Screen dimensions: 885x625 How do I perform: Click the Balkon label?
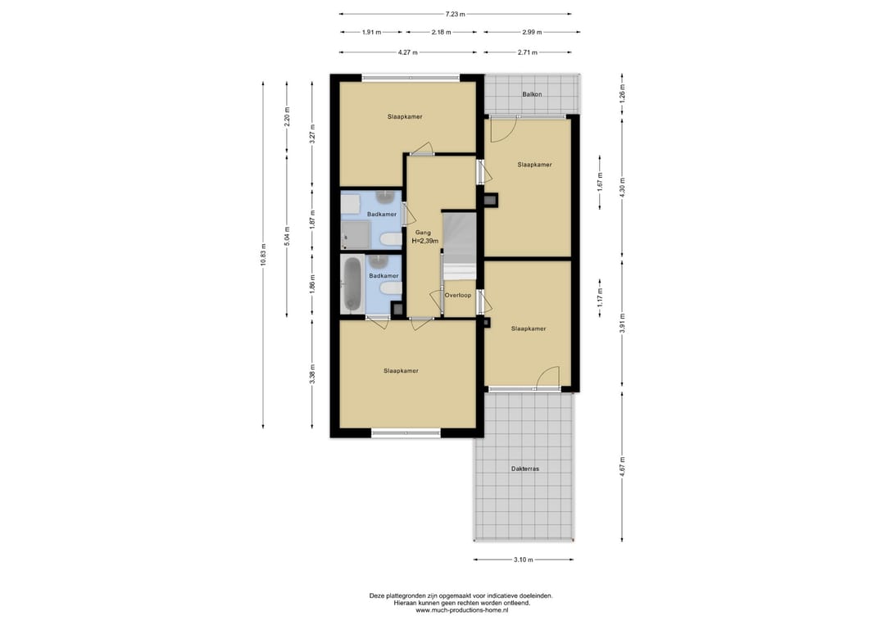(x=532, y=94)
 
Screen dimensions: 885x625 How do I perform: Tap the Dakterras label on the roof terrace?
(x=525, y=469)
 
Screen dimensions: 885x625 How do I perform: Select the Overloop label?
(x=458, y=295)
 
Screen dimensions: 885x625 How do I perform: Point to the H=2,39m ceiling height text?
(x=425, y=241)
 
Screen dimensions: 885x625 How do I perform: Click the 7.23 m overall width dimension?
(x=455, y=14)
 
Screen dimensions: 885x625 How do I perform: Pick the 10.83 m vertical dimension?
(x=263, y=256)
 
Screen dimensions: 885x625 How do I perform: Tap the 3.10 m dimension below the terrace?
(x=523, y=559)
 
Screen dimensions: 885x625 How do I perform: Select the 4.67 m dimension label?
(x=622, y=466)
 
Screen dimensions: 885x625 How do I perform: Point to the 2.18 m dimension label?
(x=442, y=32)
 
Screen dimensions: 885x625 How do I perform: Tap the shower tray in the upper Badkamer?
(x=356, y=234)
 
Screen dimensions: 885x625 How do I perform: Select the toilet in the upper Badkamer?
(x=391, y=240)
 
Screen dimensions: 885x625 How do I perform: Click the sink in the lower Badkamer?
(x=379, y=260)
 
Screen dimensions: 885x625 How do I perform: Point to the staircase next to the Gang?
(x=460, y=246)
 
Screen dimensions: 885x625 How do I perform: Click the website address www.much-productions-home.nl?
(x=462, y=609)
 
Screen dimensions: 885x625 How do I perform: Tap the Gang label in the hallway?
(x=423, y=233)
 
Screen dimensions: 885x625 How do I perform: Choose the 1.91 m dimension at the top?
(x=371, y=32)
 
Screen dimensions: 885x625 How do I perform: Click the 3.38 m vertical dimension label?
(x=312, y=374)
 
